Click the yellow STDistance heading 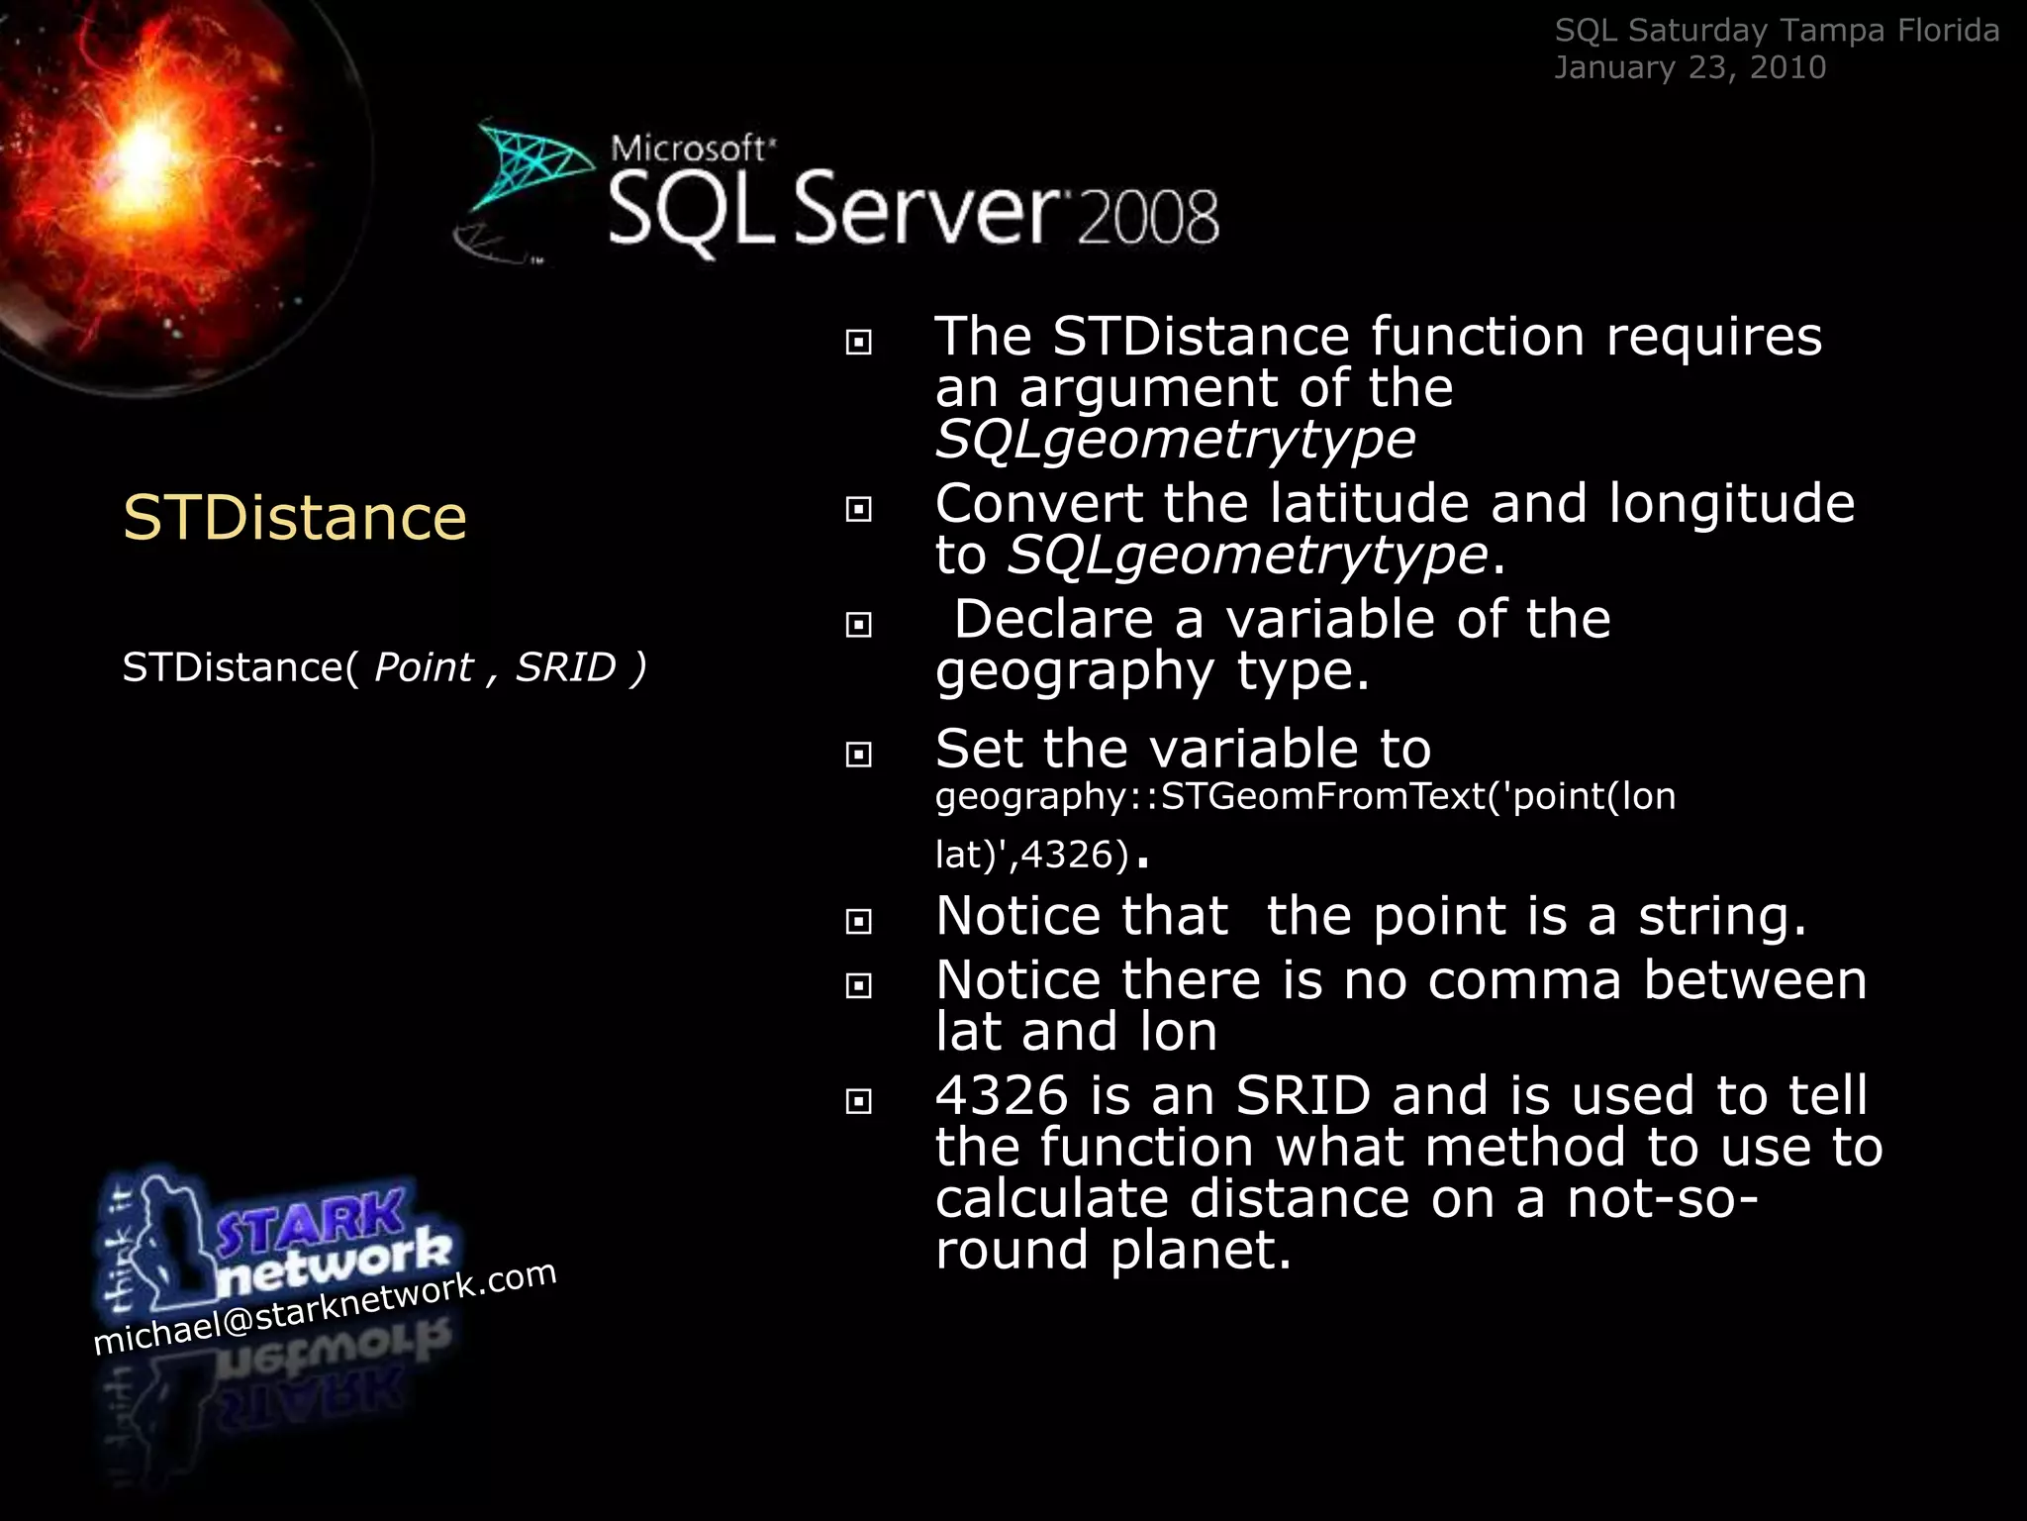click(x=294, y=518)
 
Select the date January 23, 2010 click(x=1689, y=67)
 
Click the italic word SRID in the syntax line click(x=566, y=667)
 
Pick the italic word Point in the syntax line click(x=424, y=667)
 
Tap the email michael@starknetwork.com click(x=325, y=1308)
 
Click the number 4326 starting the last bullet click(x=1002, y=1096)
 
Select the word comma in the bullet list click(x=1524, y=980)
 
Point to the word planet click(x=1201, y=1250)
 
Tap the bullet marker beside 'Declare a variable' click(x=859, y=625)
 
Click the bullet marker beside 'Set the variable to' click(x=859, y=755)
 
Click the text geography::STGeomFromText click(x=1210, y=796)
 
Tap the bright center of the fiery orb click(x=146, y=149)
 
